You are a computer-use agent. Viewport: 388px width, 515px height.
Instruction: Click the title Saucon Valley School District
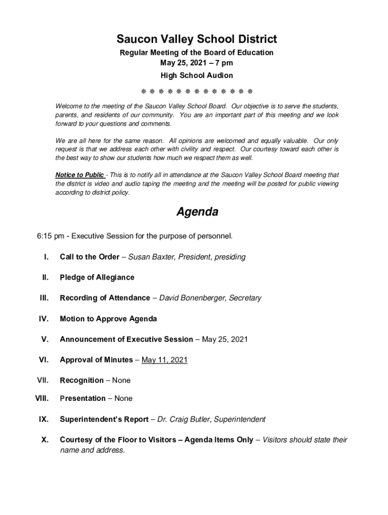[197, 39]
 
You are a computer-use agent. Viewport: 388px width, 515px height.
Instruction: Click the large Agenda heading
[197, 212]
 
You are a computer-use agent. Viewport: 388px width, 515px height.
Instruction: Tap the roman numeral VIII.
[41, 398]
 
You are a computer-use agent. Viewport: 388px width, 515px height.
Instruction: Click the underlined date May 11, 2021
[164, 360]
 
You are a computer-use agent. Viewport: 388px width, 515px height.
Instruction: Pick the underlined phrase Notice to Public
[80, 175]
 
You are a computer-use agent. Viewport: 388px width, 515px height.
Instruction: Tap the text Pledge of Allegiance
[97, 277]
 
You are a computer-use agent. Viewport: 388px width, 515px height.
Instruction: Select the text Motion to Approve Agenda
[108, 318]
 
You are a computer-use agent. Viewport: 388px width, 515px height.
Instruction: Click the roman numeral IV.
[43, 318]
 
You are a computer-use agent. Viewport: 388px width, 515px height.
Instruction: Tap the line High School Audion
[197, 75]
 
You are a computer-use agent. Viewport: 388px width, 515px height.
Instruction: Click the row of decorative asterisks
[196, 92]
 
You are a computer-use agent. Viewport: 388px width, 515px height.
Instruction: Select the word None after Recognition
[121, 380]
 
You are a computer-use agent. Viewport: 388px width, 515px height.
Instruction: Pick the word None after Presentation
[123, 398]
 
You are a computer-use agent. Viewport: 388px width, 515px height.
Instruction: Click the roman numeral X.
[45, 440]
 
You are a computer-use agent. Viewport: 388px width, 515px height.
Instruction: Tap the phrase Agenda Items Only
[219, 440]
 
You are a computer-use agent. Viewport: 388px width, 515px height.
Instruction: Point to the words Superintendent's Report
[104, 419]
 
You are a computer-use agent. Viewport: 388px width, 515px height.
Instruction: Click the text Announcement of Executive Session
[126, 339]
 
